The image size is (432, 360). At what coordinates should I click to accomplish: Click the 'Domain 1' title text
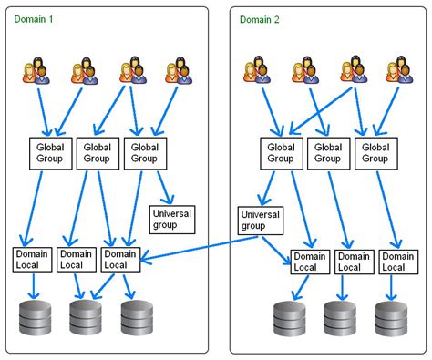click(34, 18)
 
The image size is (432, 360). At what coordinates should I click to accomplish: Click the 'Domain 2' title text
click(260, 18)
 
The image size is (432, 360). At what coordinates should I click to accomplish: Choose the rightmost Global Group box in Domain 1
click(143, 152)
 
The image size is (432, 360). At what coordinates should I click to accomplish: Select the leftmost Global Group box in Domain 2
click(280, 152)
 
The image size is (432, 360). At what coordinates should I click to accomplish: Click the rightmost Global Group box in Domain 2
click(375, 152)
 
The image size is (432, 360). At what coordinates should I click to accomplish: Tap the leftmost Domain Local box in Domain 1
click(31, 258)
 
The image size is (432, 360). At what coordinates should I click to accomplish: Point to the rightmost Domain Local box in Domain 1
click(119, 258)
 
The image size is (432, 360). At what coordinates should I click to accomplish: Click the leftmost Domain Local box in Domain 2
click(308, 262)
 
